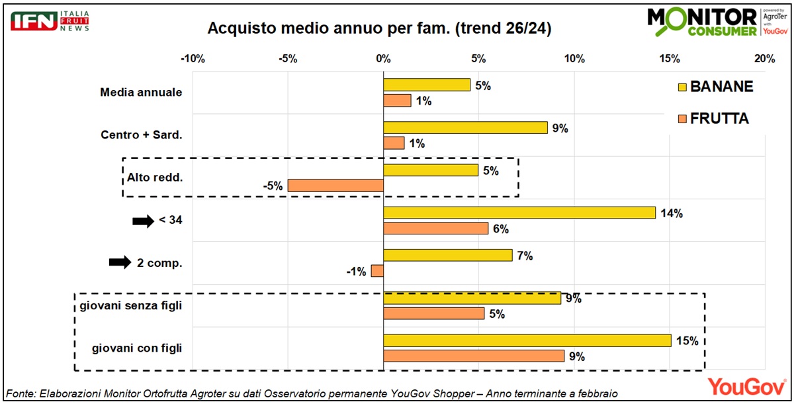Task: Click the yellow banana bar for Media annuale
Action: coord(427,85)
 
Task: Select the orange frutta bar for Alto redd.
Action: coord(335,185)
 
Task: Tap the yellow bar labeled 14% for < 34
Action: coord(519,213)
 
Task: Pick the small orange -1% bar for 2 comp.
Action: coord(377,271)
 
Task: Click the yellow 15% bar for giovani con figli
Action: coord(527,340)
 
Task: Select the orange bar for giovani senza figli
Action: coord(434,313)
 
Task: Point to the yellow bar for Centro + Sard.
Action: coord(465,128)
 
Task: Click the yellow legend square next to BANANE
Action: coord(682,87)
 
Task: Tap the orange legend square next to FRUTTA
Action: coord(682,119)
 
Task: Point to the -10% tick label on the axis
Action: coord(193,58)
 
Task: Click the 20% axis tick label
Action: coord(765,58)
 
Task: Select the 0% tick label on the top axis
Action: coord(384,58)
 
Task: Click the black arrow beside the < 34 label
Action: coord(143,221)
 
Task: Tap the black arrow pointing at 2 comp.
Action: coord(120,262)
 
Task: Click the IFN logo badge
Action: coord(34,21)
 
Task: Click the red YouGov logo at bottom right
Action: coord(747,387)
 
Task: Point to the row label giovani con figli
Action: coord(137,348)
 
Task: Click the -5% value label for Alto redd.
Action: coord(273,186)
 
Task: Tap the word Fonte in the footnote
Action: coord(21,393)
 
